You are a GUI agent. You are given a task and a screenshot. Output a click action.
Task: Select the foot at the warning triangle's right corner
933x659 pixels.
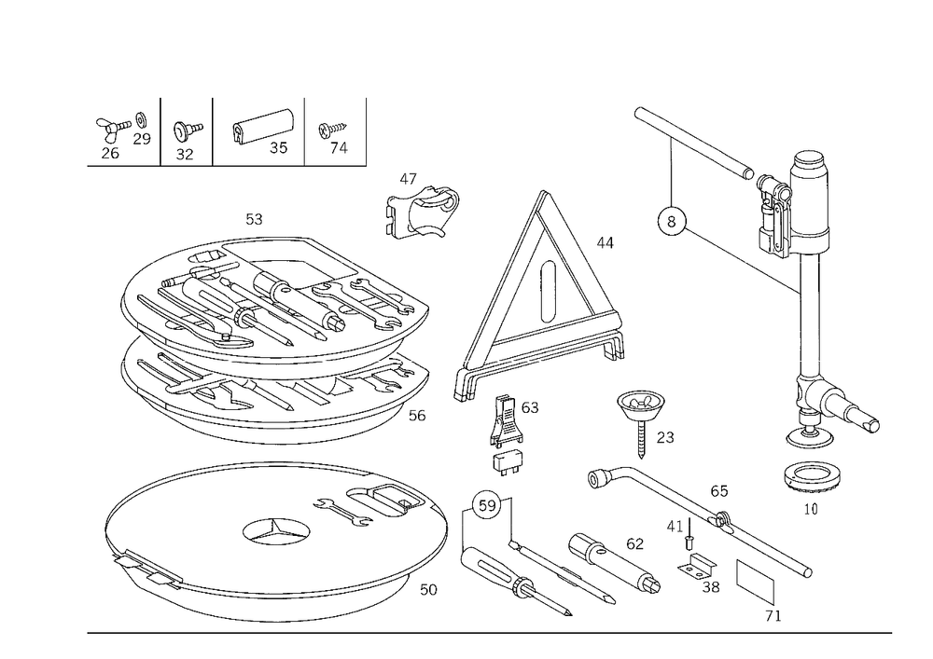click(x=615, y=353)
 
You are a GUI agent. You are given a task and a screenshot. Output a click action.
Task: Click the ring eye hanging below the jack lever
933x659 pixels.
click(x=671, y=221)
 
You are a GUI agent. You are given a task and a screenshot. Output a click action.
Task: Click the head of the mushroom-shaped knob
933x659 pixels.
click(x=641, y=405)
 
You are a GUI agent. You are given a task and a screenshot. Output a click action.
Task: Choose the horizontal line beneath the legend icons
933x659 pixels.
click(x=224, y=165)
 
